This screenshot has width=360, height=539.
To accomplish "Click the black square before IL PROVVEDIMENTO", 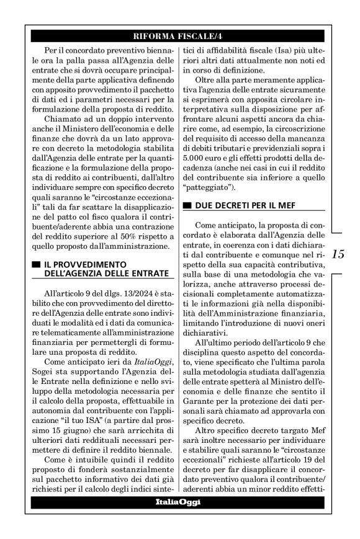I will [x=36, y=264].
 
